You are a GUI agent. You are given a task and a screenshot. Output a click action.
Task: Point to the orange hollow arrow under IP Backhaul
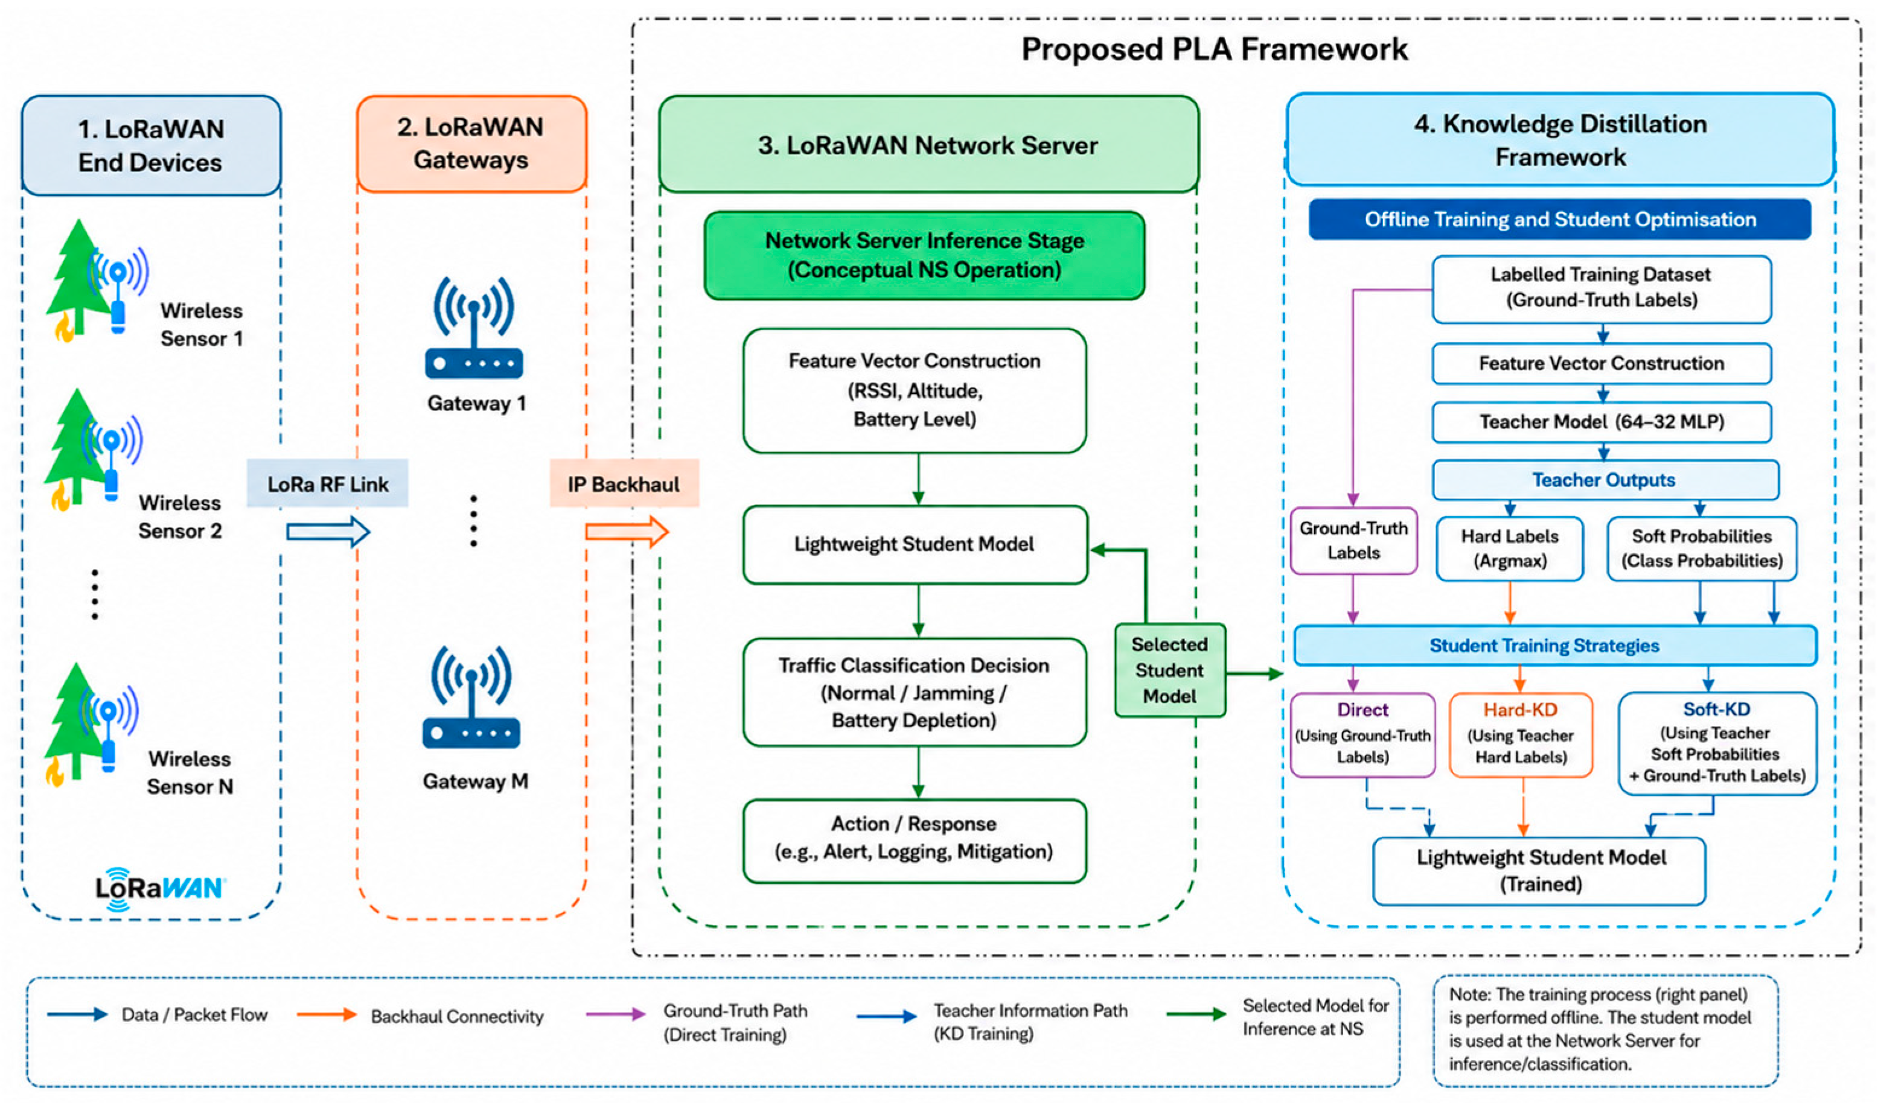click(x=627, y=532)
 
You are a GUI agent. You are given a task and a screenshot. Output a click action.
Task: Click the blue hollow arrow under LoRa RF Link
click(x=328, y=532)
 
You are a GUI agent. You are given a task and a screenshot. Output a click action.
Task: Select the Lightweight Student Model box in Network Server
click(x=915, y=545)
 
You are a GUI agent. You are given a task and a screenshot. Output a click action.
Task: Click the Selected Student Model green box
click(x=1170, y=670)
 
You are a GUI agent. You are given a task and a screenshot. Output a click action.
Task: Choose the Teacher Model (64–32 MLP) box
click(x=1602, y=422)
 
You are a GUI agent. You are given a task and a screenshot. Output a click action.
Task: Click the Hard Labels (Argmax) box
click(x=1510, y=548)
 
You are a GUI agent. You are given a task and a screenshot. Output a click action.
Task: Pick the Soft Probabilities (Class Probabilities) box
click(x=1702, y=548)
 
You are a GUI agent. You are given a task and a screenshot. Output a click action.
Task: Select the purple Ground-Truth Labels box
click(x=1353, y=540)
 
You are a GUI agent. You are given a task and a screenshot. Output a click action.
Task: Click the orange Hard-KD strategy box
click(x=1521, y=735)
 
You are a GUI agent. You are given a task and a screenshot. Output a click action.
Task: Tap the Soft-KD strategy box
click(x=1717, y=743)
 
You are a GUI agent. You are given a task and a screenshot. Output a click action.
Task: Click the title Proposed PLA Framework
click(x=1215, y=49)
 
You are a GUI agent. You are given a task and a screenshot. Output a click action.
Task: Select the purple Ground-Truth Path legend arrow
click(x=616, y=1014)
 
